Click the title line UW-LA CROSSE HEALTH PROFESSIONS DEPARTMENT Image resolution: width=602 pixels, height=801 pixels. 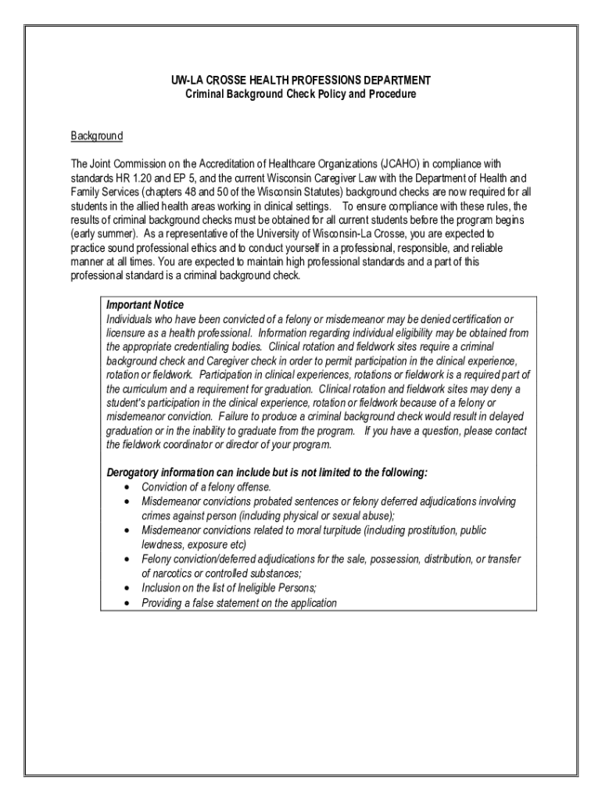coord(301,81)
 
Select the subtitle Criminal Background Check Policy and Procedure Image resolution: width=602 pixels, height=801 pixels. coord(301,94)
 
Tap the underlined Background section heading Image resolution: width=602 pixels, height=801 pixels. coord(97,136)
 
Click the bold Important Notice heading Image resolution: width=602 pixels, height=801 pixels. coord(145,305)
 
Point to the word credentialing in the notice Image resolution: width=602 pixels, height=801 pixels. coord(209,346)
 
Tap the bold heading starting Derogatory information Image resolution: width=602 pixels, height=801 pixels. coord(267,473)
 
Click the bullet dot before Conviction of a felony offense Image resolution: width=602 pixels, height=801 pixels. coord(127,488)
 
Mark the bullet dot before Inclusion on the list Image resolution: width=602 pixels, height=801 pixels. coord(127,588)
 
